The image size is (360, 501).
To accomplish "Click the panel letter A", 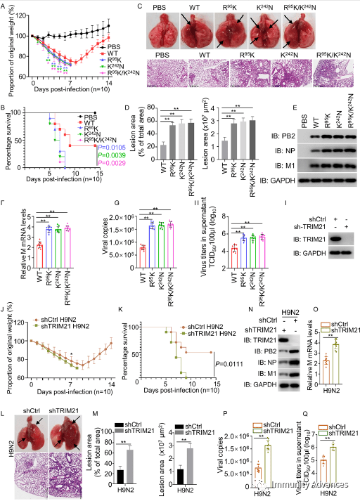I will click(4, 5).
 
